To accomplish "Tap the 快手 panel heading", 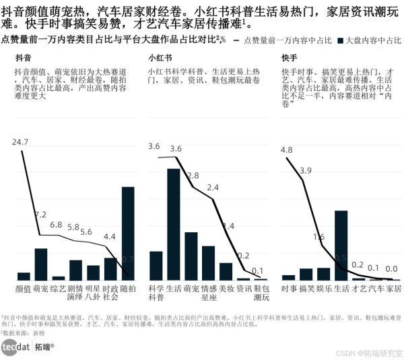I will (x=290, y=59).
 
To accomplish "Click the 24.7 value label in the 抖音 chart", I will (x=21, y=142).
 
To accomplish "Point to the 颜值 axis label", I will (x=24, y=288).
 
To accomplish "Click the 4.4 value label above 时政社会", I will (x=110, y=237).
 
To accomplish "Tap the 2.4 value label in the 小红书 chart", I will (x=212, y=188).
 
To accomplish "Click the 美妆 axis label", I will (x=226, y=288).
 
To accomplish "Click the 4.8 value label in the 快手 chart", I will (x=287, y=150).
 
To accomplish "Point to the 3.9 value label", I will (x=305, y=170).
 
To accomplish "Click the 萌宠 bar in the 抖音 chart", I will (x=41, y=264).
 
